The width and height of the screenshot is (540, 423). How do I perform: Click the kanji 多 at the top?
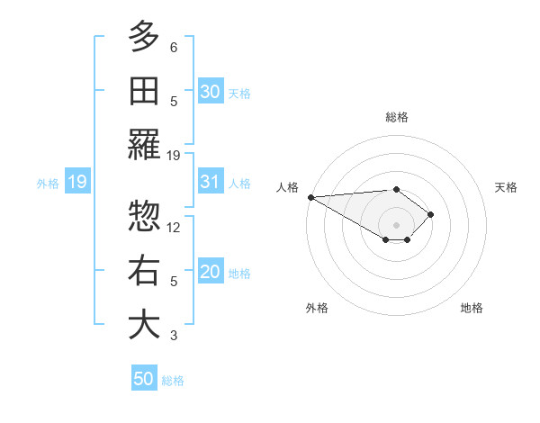144,37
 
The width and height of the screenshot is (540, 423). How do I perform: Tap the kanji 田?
144,91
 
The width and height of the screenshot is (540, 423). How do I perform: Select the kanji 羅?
144,145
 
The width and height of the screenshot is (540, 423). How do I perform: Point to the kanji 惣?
144,217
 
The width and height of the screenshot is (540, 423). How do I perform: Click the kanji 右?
144,271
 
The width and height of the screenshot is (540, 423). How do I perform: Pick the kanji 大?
144,325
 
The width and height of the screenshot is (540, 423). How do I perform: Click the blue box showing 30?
211,91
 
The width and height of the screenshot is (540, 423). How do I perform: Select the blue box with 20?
211,272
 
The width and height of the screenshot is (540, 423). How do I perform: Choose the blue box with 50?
144,379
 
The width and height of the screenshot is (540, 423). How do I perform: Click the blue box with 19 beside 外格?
77,182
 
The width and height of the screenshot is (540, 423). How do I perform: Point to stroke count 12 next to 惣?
174,227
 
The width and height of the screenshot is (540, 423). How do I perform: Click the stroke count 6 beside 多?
174,47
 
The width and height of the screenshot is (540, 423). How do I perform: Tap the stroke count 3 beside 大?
174,336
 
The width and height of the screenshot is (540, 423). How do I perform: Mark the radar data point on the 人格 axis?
310,197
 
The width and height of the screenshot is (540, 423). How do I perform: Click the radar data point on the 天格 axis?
431,214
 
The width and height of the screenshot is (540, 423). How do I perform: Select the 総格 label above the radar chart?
396,117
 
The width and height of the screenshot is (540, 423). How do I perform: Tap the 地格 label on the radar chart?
472,308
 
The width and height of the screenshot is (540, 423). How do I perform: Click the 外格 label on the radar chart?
317,308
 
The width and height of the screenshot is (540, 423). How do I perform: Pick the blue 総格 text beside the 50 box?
173,381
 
